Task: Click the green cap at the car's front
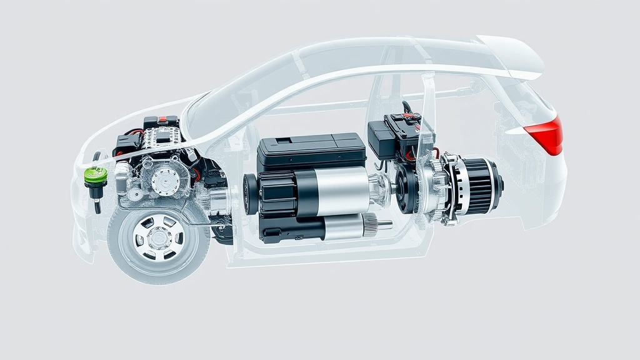[x=95, y=176]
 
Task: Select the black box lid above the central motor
[x=311, y=146]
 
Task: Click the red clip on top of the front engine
[x=163, y=119]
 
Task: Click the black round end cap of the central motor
[x=250, y=194]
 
